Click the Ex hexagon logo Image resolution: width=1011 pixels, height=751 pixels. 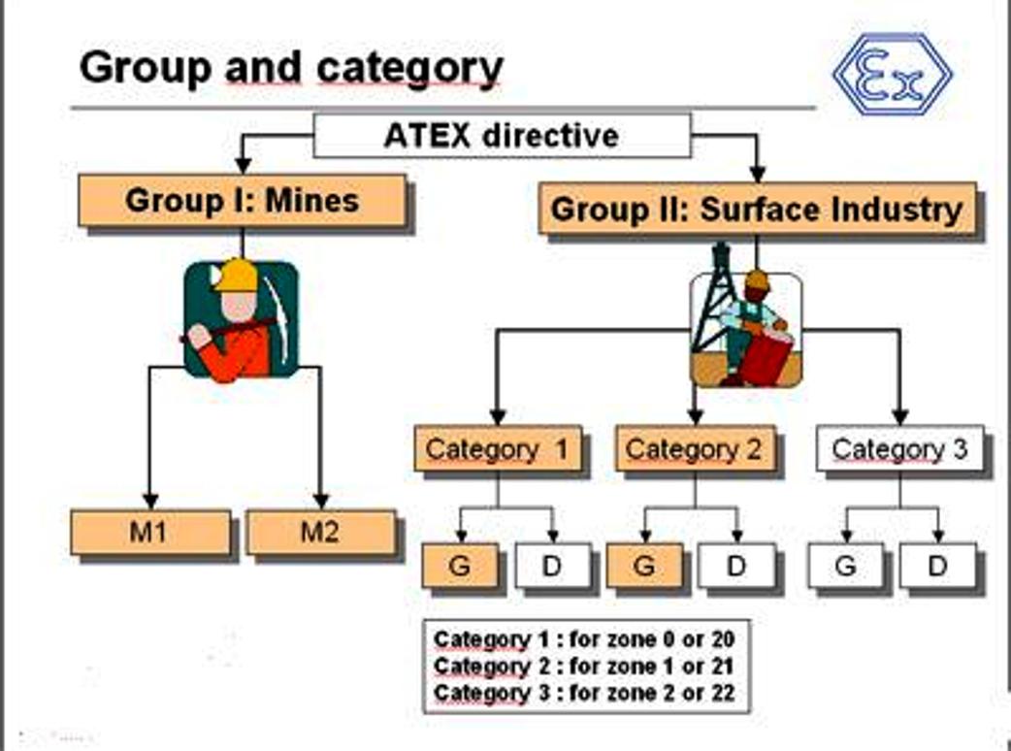[893, 75]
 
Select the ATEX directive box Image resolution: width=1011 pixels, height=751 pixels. [502, 136]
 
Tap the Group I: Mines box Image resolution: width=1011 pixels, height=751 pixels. [243, 201]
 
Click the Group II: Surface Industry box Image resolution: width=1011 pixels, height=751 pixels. [757, 209]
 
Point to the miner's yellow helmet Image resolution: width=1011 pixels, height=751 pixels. [237, 276]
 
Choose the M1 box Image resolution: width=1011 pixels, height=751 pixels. [150, 533]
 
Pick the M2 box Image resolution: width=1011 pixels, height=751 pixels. [320, 533]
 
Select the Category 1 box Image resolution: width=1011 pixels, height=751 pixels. [498, 448]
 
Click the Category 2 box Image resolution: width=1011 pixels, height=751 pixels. [695, 448]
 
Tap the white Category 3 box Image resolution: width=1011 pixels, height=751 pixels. [900, 448]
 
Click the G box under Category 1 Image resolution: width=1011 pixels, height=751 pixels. [460, 566]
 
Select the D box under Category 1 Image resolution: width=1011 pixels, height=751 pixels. [553, 566]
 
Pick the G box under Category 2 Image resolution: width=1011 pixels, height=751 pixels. [645, 566]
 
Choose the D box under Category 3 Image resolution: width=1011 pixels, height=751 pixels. [937, 566]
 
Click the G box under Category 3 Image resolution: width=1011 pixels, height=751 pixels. [846, 566]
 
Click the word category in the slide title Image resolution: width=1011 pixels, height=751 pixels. [410, 68]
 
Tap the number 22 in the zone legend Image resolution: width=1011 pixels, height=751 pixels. [722, 693]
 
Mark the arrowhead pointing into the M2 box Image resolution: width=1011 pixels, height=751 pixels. [320, 502]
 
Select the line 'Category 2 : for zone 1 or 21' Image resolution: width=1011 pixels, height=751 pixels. [583, 666]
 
